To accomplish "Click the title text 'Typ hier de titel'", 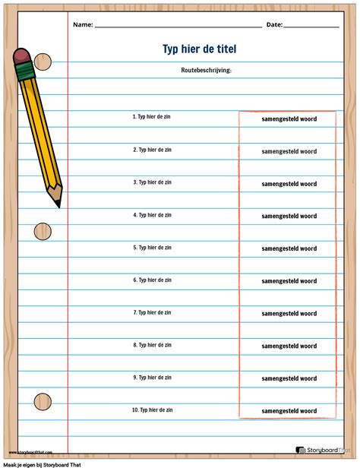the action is [199, 49].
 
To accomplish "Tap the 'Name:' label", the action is [83, 24].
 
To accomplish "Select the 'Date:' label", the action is [274, 24].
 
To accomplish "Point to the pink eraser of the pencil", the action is [22, 56].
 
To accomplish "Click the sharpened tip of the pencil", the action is [58, 204].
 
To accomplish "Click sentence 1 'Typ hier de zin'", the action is [152, 117].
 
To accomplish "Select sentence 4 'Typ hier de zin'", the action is [152, 215].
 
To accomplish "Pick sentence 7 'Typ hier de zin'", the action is [152, 312].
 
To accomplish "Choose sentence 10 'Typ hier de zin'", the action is [152, 409].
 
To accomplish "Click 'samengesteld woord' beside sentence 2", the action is [289, 151].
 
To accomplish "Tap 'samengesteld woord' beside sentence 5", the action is [289, 248].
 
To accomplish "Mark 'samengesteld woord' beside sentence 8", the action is [289, 346].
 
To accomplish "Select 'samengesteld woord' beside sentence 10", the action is [289, 411].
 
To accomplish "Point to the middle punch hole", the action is [43, 232].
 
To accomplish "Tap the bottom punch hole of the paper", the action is [43, 400].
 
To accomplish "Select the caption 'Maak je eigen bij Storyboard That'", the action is [42, 464].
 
